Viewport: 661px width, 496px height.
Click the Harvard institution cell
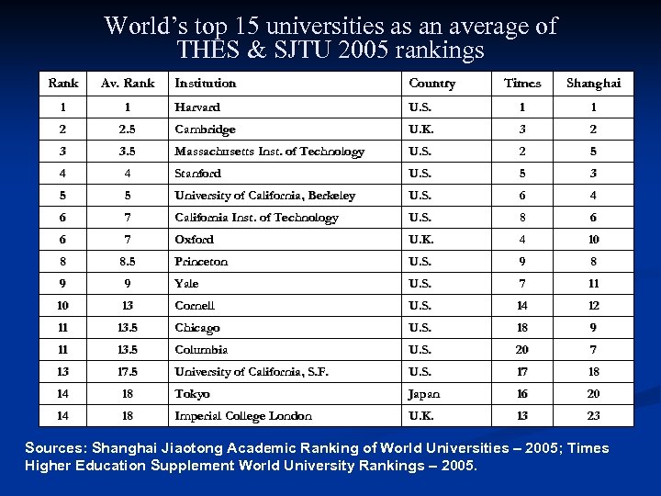[197, 107]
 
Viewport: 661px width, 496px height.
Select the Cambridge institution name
[205, 130]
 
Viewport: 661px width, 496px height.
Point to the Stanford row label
[197, 174]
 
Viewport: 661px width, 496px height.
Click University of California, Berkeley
[264, 196]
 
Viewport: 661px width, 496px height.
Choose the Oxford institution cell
[194, 240]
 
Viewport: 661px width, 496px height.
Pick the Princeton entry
[201, 262]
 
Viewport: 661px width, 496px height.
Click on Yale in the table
[186, 284]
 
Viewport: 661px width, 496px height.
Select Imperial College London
[242, 416]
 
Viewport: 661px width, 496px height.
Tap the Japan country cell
[423, 394]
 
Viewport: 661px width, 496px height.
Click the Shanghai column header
[593, 83]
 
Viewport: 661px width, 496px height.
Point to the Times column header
[522, 83]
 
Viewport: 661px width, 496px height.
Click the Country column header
[431, 83]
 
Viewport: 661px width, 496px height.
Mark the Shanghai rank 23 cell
[593, 416]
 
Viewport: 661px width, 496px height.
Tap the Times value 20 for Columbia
[522, 350]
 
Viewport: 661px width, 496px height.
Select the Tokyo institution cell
[192, 394]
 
